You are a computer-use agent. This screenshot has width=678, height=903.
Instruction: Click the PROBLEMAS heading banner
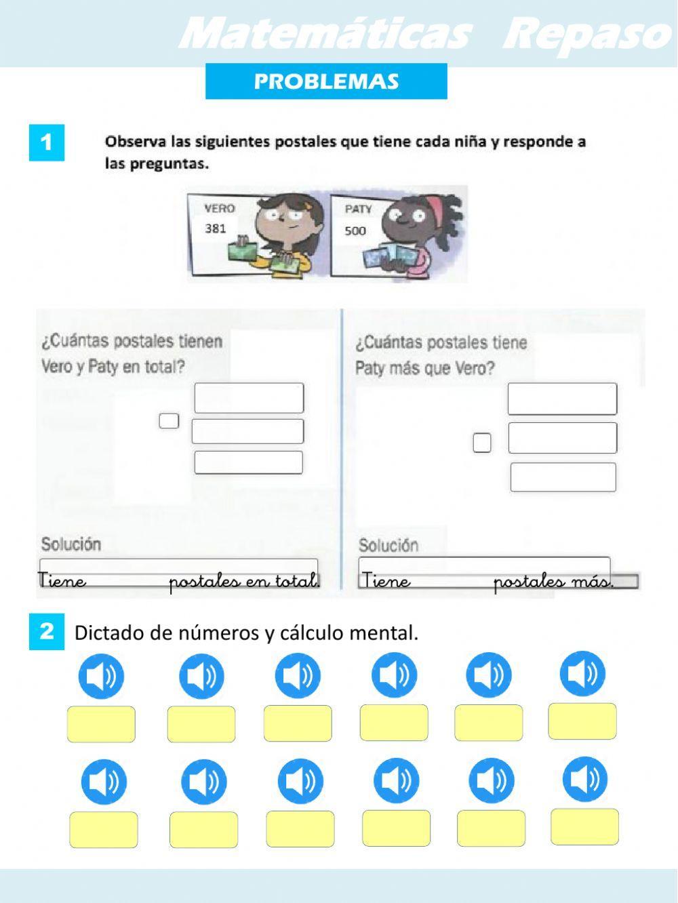(326, 81)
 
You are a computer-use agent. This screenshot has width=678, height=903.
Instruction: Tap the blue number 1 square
(47, 142)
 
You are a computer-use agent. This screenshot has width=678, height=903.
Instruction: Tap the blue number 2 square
(47, 632)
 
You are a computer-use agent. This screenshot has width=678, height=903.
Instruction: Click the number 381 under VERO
(216, 228)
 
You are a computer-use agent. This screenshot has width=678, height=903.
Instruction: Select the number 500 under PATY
(355, 230)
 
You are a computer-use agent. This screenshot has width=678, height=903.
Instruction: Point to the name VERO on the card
(219, 209)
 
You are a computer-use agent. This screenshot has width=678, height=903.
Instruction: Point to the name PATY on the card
(358, 209)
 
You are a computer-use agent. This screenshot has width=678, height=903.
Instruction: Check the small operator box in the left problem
(169, 421)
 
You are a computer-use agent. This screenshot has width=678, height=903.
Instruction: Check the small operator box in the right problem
(482, 443)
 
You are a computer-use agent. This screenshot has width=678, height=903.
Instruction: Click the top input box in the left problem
(249, 398)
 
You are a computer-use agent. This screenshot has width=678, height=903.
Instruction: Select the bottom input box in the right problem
(563, 477)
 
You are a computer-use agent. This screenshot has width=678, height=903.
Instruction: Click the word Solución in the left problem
(71, 544)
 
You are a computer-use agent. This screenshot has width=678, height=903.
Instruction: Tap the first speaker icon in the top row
(101, 676)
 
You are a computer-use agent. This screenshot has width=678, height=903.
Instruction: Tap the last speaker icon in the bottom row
(585, 779)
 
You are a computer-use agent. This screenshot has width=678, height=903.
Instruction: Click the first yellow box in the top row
(101, 724)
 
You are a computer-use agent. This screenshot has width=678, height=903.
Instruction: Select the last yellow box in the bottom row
(584, 826)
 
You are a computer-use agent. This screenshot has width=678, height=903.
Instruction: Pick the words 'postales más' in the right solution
(553, 582)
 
